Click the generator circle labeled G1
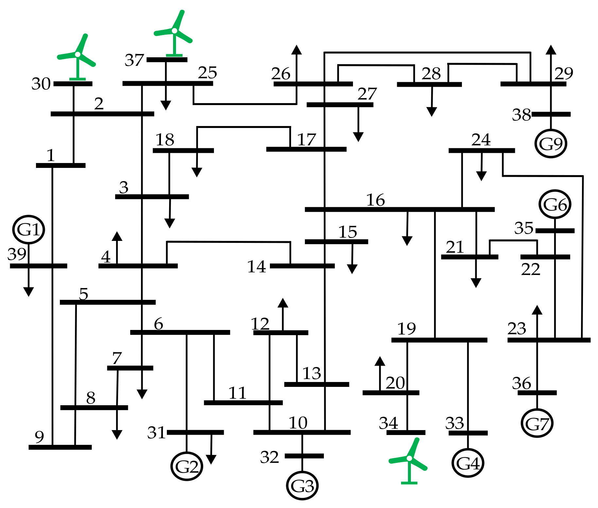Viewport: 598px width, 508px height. (x=29, y=229)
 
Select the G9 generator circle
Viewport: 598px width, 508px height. (x=551, y=143)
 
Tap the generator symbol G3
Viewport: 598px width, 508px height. (x=302, y=485)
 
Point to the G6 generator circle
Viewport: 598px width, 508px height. (x=555, y=204)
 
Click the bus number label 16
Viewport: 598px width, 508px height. (x=376, y=200)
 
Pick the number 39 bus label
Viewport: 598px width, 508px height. (x=17, y=254)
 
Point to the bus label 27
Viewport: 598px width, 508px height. (x=367, y=94)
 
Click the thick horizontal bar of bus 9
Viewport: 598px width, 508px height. (x=60, y=447)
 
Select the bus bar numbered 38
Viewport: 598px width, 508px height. (x=551, y=114)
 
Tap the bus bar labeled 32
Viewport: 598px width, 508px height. (x=304, y=456)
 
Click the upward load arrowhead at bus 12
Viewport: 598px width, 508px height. (x=283, y=303)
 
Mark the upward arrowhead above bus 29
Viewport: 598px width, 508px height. (x=551, y=50)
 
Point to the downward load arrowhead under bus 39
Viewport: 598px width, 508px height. (x=29, y=292)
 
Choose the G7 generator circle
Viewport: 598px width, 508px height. (x=537, y=423)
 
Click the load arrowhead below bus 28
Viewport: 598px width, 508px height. (x=432, y=112)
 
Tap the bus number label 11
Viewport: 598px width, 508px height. (x=237, y=393)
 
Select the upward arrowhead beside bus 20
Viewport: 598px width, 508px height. (x=380, y=361)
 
